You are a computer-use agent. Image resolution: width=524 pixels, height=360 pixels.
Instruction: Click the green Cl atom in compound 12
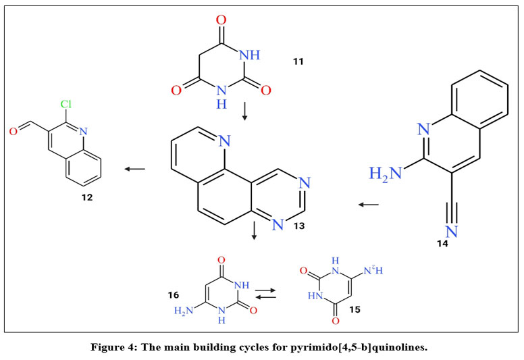(x=66, y=107)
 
